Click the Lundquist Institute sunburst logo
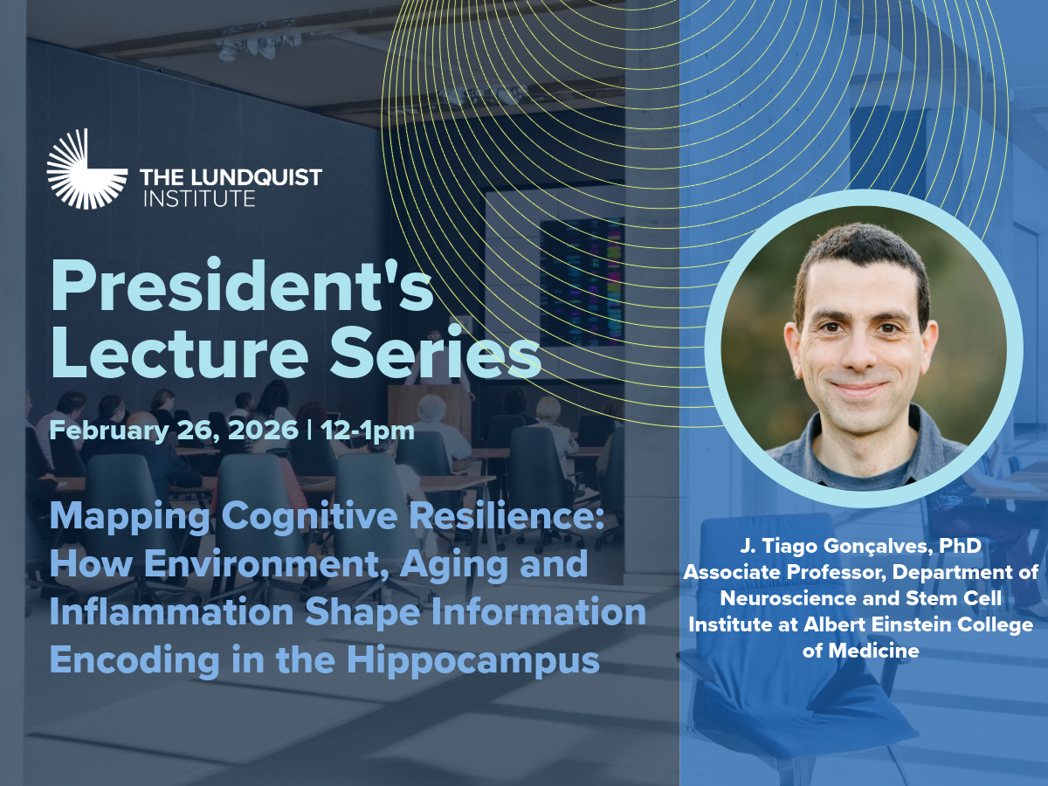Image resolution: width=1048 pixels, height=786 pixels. [86, 169]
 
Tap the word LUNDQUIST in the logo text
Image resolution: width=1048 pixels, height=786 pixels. [257, 177]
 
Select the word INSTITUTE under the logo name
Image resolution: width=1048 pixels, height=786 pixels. [199, 198]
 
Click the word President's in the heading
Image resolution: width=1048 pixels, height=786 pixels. [242, 286]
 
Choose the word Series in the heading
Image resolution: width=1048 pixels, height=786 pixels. [436, 352]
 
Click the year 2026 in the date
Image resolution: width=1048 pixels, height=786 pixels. [263, 430]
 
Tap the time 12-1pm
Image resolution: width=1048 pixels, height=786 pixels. [368, 431]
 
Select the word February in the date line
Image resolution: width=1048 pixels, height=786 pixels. [109, 430]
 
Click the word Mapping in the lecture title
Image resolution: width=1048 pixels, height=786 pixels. [130, 517]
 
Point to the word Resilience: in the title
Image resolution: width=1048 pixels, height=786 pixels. [507, 516]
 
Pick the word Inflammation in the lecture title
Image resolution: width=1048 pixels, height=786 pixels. [172, 612]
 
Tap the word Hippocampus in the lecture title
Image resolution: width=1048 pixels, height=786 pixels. [472, 660]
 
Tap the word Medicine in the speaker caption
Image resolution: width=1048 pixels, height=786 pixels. [873, 651]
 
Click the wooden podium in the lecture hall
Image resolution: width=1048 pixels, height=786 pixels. [428, 413]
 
